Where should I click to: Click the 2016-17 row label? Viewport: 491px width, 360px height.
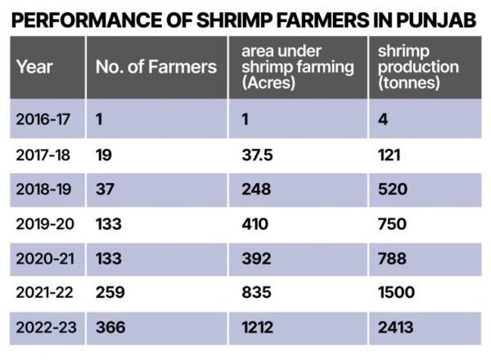43,119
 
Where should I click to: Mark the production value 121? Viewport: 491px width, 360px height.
390,154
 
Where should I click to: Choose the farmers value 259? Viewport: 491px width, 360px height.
110,293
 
